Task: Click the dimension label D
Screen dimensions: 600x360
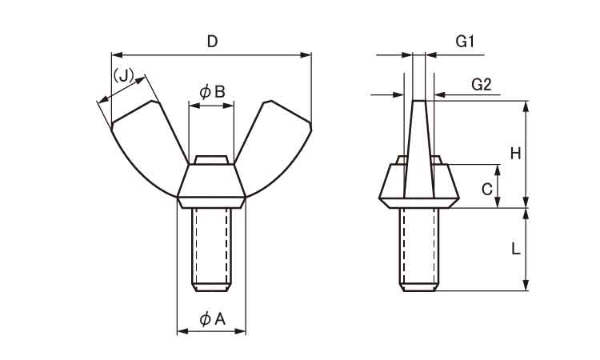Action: tap(212, 42)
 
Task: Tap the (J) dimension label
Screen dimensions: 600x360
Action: tap(123, 75)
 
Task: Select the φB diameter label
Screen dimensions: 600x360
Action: tap(212, 92)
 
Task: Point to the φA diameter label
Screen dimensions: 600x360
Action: tap(212, 318)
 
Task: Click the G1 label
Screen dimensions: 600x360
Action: tap(465, 42)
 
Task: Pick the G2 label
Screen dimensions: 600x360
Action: tap(482, 84)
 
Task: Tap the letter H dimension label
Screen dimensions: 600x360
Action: tap(515, 154)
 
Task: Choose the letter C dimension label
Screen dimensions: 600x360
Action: tap(486, 189)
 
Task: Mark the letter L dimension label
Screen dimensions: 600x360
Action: tap(515, 250)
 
